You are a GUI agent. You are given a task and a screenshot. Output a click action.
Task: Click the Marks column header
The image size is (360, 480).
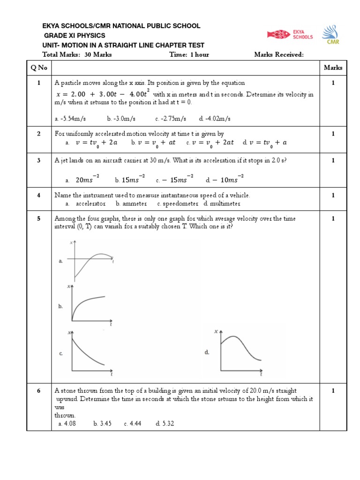click(x=333, y=67)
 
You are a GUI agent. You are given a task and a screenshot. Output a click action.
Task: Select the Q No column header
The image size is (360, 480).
click(x=39, y=67)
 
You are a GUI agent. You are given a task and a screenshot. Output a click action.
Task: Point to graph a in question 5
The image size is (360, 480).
click(x=91, y=261)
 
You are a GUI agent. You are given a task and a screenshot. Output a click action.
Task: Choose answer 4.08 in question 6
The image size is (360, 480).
click(x=69, y=423)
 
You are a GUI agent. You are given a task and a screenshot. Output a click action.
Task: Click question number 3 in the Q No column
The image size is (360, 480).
click(x=39, y=160)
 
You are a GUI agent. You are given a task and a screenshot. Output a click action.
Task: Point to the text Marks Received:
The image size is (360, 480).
click(x=279, y=54)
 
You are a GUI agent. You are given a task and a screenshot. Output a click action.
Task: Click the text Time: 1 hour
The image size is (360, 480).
click(x=189, y=54)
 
